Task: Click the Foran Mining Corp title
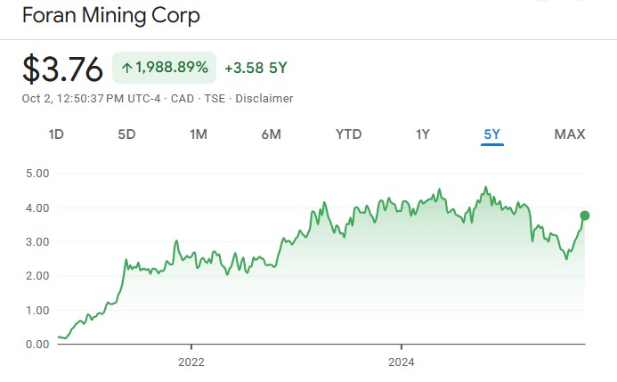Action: [x=110, y=15]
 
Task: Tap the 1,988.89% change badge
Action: [x=165, y=68]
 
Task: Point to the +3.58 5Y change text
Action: [x=256, y=68]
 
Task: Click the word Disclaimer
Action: [x=264, y=98]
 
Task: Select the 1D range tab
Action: [x=56, y=134]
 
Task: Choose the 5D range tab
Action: [x=126, y=134]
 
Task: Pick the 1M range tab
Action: [x=198, y=134]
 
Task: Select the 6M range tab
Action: [x=271, y=134]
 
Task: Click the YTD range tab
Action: [x=348, y=134]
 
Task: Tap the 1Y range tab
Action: [x=422, y=134]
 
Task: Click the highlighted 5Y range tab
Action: [x=492, y=134]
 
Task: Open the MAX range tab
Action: [x=570, y=134]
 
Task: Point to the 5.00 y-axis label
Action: [x=37, y=173]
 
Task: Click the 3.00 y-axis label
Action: [x=37, y=241]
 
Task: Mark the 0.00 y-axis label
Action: [x=37, y=345]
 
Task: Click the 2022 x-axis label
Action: [x=191, y=362]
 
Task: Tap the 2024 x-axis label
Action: [x=402, y=362]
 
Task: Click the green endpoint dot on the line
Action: [x=585, y=215]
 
